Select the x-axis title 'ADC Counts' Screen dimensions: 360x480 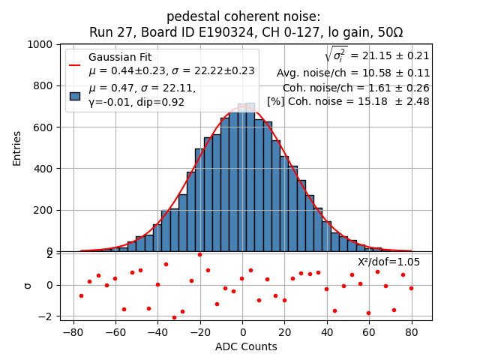(246, 346)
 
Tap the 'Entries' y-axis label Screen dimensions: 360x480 (17, 148)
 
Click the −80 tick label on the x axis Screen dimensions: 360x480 (73, 331)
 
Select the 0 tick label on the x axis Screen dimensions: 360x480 (242, 331)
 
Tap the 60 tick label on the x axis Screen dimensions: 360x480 (369, 331)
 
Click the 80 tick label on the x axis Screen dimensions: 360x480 (411, 331)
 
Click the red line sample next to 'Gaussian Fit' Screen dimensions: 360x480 (75, 65)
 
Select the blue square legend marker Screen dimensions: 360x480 (75, 96)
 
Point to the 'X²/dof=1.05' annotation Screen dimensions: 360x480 (388, 262)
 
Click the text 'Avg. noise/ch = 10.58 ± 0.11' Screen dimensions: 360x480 (352, 73)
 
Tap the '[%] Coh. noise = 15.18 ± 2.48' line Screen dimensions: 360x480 (348, 101)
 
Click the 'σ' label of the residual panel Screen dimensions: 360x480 (28, 285)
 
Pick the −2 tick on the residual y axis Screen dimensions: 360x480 (46, 316)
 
